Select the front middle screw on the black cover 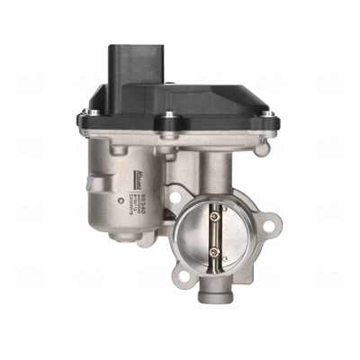point(166,116)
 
